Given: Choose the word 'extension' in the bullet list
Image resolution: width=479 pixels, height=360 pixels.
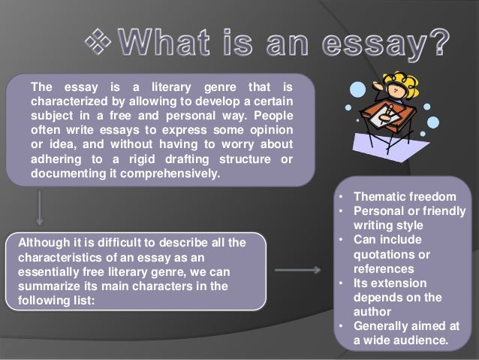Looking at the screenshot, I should click(x=398, y=283).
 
